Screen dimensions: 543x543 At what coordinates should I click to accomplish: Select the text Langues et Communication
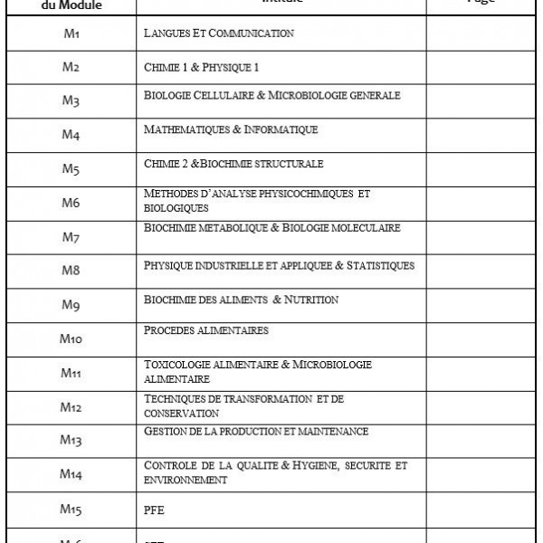(x=218, y=33)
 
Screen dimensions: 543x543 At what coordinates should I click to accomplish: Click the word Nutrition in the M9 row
(x=311, y=299)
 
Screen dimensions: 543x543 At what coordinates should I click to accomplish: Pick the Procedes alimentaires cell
(x=206, y=331)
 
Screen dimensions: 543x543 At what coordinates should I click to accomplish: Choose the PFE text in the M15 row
(x=154, y=510)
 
